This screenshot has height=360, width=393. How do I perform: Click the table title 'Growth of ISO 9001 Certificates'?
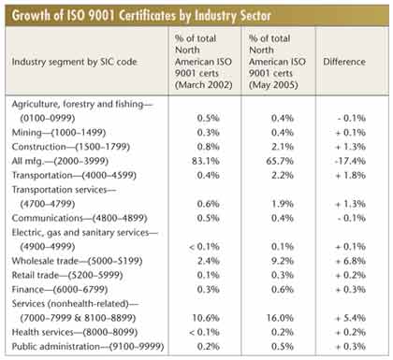(94, 16)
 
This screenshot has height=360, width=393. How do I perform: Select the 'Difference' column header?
(344, 62)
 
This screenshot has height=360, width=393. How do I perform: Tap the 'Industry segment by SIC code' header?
(74, 62)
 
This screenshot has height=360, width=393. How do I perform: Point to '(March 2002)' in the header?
(204, 85)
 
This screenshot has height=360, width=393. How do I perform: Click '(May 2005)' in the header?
(273, 85)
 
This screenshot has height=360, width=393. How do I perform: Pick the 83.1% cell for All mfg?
(206, 161)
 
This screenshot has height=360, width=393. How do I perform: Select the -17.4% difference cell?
(351, 161)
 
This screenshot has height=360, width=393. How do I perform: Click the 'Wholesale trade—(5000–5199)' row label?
(77, 261)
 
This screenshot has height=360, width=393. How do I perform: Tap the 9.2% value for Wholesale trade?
(283, 261)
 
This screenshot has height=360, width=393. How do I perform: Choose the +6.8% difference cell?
(350, 261)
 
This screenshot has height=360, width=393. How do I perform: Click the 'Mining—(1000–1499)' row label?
(59, 133)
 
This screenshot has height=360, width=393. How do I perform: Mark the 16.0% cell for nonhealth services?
(280, 318)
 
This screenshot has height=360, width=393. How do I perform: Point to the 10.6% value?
(206, 318)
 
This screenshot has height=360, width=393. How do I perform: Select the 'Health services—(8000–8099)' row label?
(75, 332)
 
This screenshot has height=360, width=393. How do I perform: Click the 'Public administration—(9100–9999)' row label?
(88, 347)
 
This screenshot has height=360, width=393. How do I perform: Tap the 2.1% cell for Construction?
(283, 147)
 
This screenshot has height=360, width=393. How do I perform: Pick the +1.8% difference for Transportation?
(350, 176)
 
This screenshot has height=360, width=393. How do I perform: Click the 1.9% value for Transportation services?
(283, 204)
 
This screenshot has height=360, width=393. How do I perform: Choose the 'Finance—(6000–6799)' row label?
(60, 290)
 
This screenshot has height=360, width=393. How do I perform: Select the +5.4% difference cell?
(350, 318)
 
